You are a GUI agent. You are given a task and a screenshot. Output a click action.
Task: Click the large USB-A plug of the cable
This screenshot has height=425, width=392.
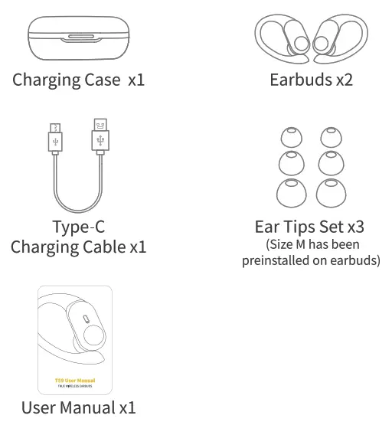click(x=100, y=137)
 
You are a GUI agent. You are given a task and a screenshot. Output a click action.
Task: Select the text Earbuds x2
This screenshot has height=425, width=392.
click(x=311, y=80)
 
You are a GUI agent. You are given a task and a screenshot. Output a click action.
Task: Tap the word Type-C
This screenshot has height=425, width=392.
click(x=77, y=227)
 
